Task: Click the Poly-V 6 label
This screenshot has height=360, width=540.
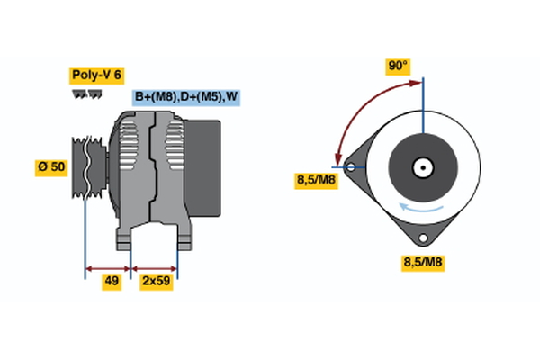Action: [96, 75]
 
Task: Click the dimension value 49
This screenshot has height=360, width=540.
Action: [112, 282]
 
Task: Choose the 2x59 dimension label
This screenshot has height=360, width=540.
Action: [155, 282]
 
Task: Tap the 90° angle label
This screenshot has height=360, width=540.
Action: [398, 66]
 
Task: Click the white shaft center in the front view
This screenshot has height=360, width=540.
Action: [420, 167]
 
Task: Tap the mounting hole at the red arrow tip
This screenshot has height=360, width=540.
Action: [349, 166]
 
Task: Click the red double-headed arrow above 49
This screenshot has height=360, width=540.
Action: [108, 267]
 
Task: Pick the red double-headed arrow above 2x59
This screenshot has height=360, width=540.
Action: [155, 267]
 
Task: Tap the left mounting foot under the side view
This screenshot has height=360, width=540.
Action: [125, 238]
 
